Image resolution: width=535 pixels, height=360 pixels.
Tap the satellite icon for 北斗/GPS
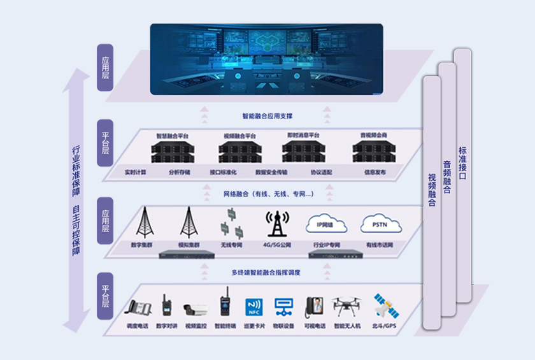click(385, 306)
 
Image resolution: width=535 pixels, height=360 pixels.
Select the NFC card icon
click(254, 307)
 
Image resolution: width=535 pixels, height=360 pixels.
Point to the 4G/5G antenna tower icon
click(277, 224)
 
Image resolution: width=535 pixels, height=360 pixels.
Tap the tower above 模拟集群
click(189, 222)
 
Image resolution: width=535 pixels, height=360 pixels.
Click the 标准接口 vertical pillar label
click(462, 163)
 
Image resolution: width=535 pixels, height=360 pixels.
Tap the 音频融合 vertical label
click(447, 177)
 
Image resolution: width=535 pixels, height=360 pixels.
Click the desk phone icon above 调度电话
click(138, 308)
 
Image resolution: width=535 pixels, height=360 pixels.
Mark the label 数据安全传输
click(271, 172)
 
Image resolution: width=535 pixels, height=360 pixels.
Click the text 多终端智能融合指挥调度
click(266, 273)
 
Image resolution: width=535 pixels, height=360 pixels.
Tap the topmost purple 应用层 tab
click(105, 67)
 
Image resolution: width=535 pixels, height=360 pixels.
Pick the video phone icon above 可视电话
click(315, 307)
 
